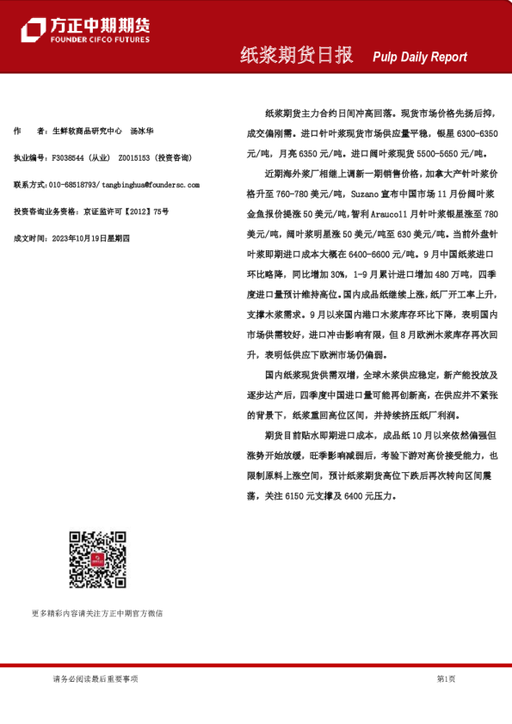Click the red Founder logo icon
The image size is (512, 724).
(34, 29)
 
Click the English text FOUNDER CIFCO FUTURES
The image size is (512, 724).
(100, 40)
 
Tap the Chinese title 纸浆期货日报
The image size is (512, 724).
(296, 56)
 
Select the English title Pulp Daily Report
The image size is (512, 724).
(420, 58)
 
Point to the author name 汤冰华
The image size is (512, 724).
(143, 132)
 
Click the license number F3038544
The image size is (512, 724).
(68, 158)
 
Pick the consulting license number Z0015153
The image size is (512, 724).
(134, 158)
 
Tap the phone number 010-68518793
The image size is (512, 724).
(73, 184)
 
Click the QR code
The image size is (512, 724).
(97, 560)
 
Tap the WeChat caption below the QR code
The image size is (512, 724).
(96, 614)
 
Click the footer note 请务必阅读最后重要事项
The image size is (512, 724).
(95, 679)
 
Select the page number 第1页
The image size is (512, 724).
(446, 679)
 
